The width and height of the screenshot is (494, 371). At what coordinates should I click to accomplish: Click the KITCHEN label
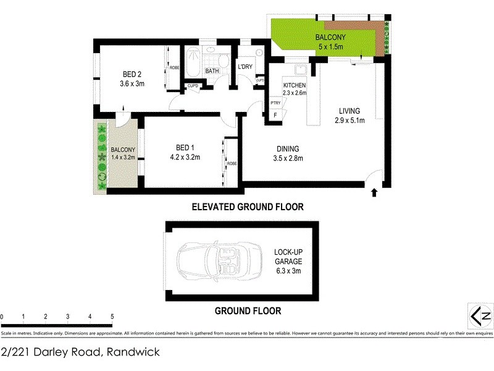pos(295,85)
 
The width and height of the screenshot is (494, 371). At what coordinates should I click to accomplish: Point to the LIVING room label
pos(349,111)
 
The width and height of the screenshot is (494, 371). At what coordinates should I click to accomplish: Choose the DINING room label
pos(288,148)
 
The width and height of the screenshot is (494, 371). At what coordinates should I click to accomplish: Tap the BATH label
pos(212,71)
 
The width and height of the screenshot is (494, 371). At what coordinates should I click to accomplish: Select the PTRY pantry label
pos(275,103)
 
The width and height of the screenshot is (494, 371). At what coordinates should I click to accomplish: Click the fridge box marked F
pos(275,114)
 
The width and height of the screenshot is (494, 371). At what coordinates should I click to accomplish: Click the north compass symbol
pos(479,316)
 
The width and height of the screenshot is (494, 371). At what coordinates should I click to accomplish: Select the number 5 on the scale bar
pos(112,317)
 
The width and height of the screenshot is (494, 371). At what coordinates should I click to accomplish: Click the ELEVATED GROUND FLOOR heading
pos(247,207)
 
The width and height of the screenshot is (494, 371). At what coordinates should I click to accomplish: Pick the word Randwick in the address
pos(134,352)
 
